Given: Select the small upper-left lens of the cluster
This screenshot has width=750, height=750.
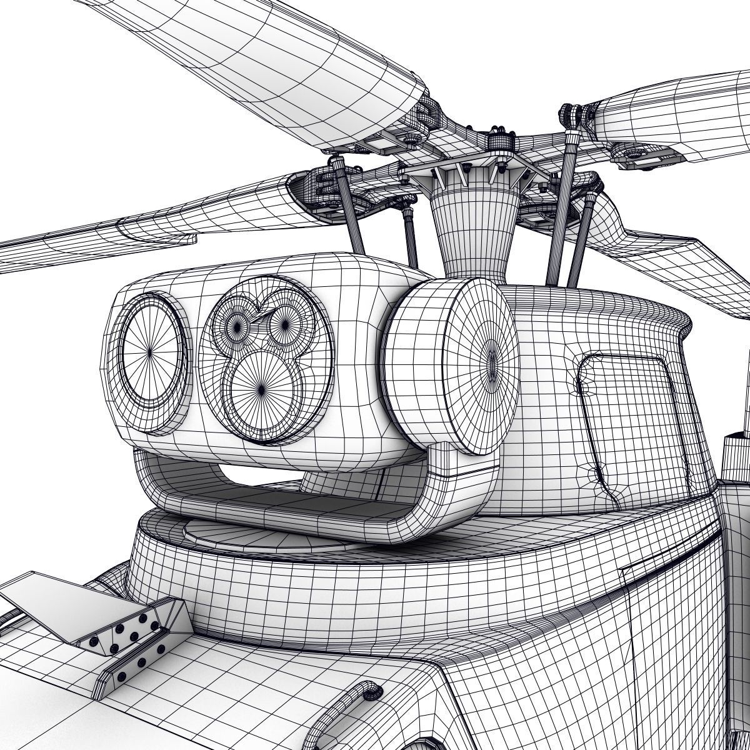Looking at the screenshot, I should [x=237, y=324].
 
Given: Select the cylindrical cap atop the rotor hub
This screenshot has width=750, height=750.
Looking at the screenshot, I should [x=499, y=138].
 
